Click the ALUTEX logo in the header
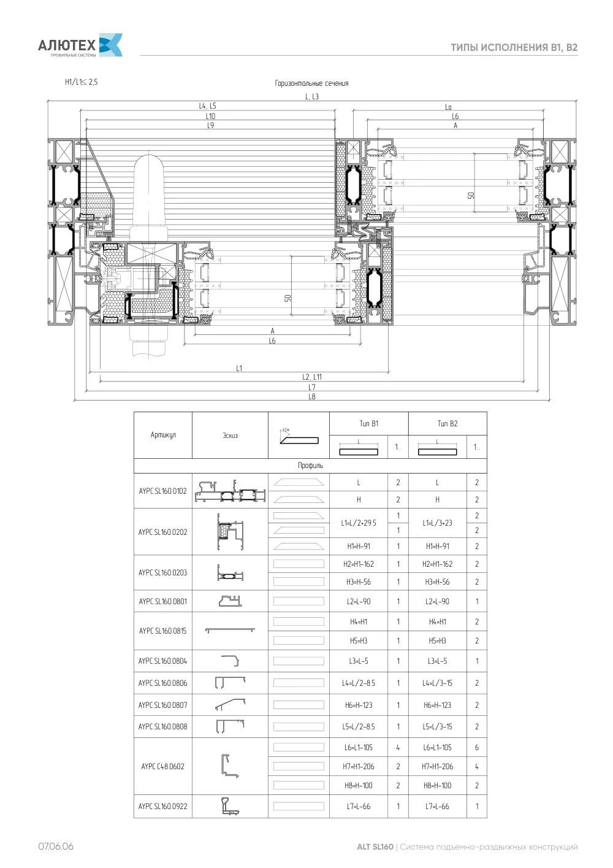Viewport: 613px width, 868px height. click(80, 45)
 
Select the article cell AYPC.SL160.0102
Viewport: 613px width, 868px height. click(162, 491)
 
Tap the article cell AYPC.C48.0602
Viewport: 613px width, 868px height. click(162, 766)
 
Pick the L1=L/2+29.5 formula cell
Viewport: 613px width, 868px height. click(358, 523)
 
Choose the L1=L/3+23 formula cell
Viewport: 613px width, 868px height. click(437, 523)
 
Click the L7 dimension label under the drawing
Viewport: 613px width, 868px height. click(312, 387)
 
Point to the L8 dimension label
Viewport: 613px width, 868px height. click(312, 396)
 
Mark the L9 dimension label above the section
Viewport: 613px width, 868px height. click(210, 126)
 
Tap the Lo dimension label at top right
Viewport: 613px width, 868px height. click(448, 107)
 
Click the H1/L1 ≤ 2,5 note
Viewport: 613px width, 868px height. click(82, 82)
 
